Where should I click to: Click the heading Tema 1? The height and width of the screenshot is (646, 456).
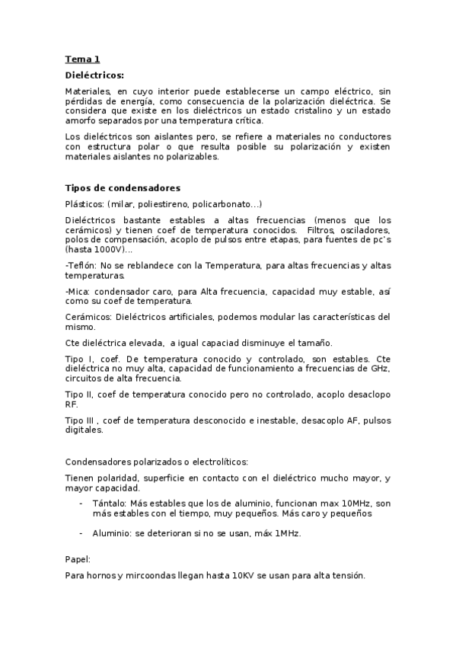tap(82, 59)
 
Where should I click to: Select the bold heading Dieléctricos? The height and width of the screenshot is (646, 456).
tap(94, 75)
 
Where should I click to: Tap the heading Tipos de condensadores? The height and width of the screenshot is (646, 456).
tap(123, 188)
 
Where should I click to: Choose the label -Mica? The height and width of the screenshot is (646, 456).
tap(79, 291)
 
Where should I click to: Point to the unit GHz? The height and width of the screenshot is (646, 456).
tap(380, 368)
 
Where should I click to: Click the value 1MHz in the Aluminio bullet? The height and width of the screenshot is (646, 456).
tap(287, 533)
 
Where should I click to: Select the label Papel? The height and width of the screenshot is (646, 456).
tap(78, 559)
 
